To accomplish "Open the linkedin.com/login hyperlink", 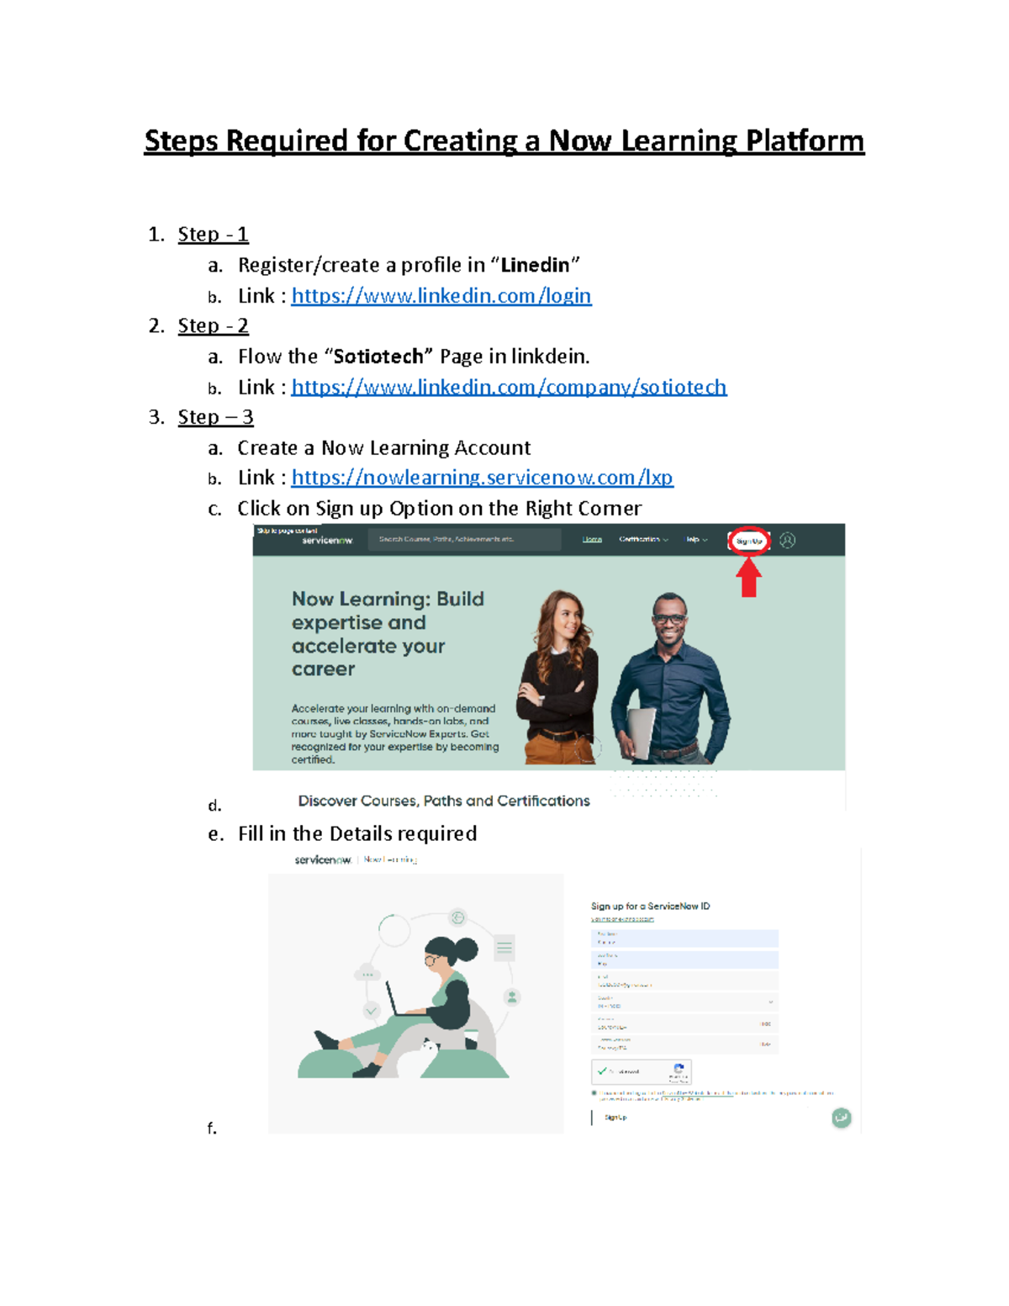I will (441, 296).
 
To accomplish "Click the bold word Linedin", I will (535, 265).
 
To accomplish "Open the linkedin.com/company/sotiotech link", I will (509, 387).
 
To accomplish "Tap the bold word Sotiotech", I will (378, 357).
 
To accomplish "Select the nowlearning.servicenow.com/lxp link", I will (482, 478).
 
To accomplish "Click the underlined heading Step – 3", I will (215, 417).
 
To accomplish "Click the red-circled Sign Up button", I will (748, 541).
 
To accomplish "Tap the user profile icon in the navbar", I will (787, 541).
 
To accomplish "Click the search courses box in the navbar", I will (464, 539).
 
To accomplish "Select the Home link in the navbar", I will (592, 540).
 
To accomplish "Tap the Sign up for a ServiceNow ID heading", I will (650, 906).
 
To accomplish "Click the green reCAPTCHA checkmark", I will (602, 1071).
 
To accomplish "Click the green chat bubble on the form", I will (841, 1118).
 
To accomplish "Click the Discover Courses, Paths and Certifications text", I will (444, 801).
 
